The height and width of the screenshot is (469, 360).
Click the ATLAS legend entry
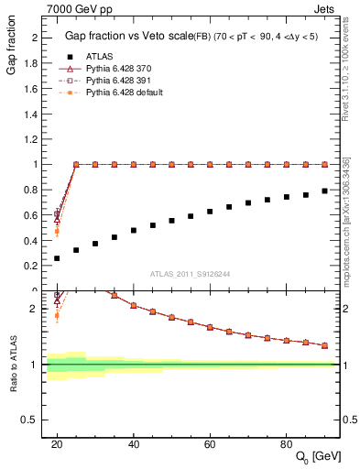tap(96, 56)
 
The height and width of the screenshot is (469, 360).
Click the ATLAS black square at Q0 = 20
tap(57, 258)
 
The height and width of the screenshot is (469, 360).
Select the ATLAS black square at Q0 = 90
tap(325, 191)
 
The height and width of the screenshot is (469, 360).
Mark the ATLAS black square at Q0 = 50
tap(171, 220)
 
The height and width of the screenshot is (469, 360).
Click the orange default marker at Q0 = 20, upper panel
tap(57, 231)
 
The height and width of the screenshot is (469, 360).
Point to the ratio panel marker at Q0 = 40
tap(134, 305)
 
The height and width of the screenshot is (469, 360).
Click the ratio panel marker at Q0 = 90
tap(325, 345)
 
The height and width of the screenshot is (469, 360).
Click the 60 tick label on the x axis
tap(210, 444)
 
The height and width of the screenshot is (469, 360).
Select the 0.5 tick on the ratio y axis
tap(34, 420)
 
